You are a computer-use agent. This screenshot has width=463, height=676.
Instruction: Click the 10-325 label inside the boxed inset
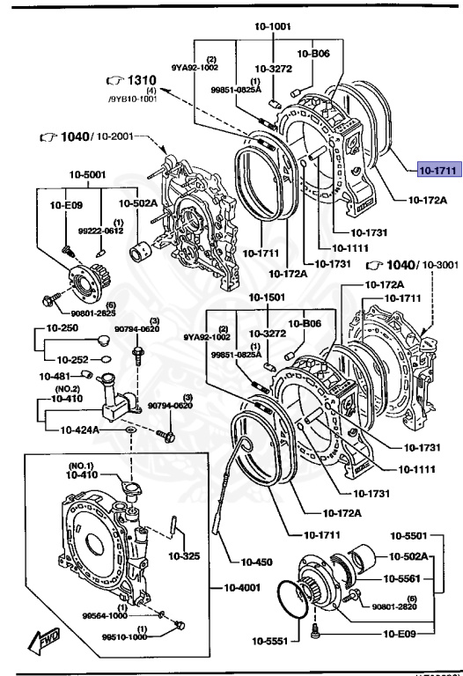pos(185,555)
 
